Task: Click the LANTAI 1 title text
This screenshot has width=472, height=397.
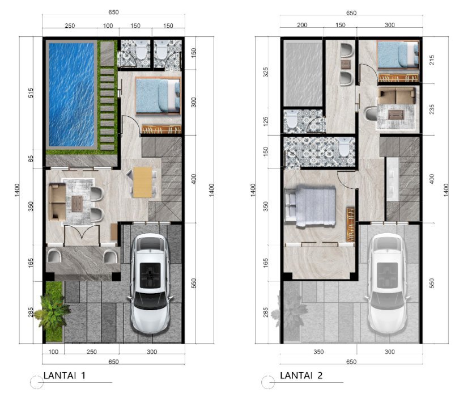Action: (x=65, y=375)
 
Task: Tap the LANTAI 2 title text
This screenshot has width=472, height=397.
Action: (x=301, y=375)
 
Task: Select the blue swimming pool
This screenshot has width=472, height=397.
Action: (x=71, y=95)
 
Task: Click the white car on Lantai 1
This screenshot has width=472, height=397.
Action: (x=150, y=282)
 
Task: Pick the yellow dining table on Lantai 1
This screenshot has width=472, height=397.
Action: (x=142, y=182)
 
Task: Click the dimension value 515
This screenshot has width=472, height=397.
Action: (x=31, y=93)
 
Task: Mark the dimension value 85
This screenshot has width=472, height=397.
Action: (x=31, y=159)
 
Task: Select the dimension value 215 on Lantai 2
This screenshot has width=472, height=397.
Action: (x=432, y=60)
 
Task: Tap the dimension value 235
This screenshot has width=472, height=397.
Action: (x=432, y=109)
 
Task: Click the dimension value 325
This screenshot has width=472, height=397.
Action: (x=266, y=72)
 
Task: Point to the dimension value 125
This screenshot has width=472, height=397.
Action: (x=266, y=121)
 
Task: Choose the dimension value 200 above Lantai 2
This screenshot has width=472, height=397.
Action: (x=302, y=25)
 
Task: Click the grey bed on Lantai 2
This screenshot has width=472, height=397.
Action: (x=310, y=206)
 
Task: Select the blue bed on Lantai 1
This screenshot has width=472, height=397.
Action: (x=158, y=95)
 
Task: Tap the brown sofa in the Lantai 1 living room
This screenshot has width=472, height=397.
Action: (x=57, y=202)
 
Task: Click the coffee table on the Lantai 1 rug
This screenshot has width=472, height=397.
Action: (x=77, y=204)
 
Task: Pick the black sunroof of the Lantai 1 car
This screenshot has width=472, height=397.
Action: (x=150, y=276)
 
